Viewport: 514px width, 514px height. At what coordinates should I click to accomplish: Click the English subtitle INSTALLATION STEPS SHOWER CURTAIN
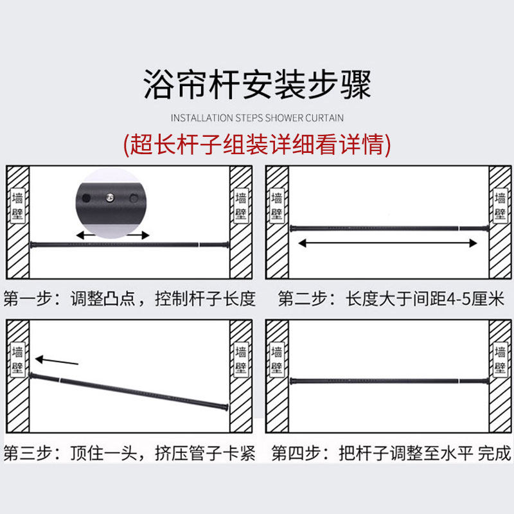click(x=257, y=118)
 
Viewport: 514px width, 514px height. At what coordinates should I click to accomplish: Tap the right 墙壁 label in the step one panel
click(x=242, y=205)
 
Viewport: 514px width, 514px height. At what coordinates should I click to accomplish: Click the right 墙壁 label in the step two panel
click(x=501, y=205)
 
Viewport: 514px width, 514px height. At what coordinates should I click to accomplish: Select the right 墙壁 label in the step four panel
click(x=501, y=360)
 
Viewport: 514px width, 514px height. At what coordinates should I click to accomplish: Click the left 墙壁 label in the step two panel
click(x=277, y=205)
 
